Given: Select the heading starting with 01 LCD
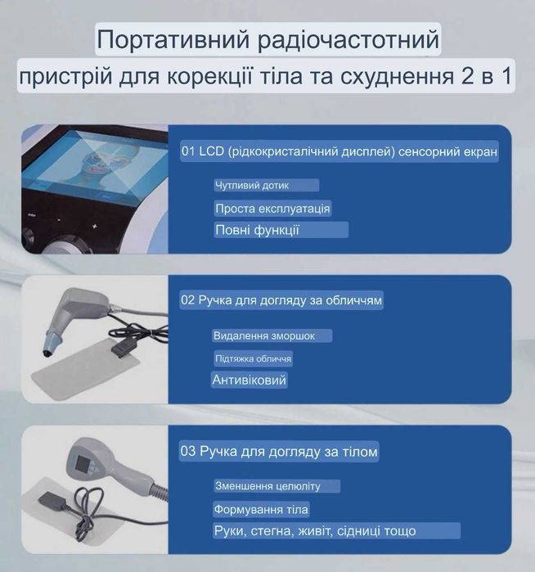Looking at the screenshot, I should [339, 152].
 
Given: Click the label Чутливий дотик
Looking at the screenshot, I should [252, 186].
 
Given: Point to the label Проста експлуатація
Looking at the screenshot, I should [272, 209].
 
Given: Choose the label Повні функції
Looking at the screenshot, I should [257, 230].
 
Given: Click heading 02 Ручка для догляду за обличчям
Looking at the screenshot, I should [281, 300].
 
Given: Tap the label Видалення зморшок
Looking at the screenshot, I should [263, 336].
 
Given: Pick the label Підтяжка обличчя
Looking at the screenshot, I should [252, 358].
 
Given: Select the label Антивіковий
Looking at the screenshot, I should [250, 381].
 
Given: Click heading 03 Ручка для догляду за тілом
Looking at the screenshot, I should [279, 451].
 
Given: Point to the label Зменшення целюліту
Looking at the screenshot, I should [267, 486].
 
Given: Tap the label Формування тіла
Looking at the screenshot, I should [261, 510].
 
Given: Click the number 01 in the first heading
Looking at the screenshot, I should [188, 152].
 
